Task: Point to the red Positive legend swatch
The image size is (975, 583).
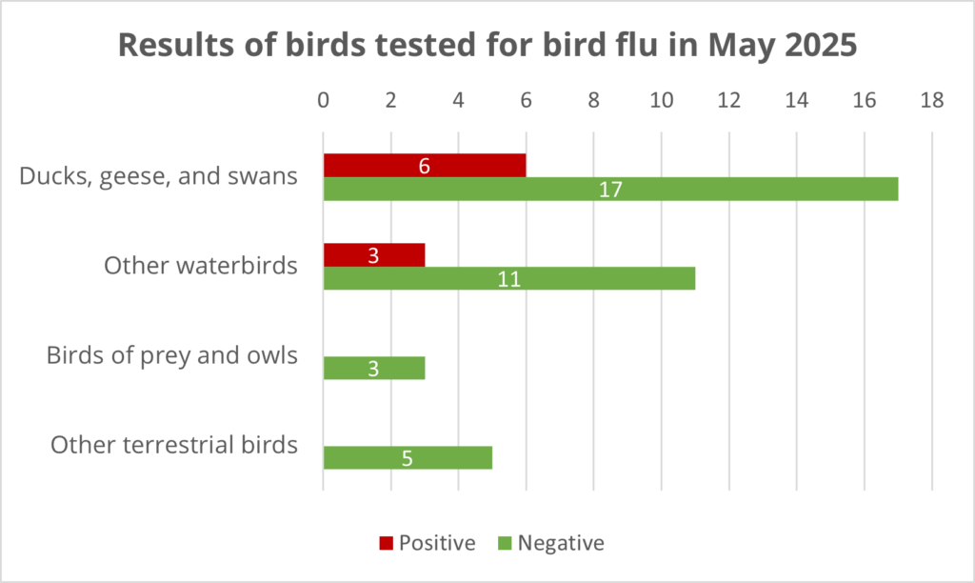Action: [386, 544]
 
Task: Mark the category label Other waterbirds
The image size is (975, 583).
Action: [201, 266]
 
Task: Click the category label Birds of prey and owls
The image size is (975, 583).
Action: [172, 356]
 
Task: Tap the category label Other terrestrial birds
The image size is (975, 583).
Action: [174, 445]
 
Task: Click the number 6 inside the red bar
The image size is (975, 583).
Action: [425, 166]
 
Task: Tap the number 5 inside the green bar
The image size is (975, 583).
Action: [408, 458]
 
